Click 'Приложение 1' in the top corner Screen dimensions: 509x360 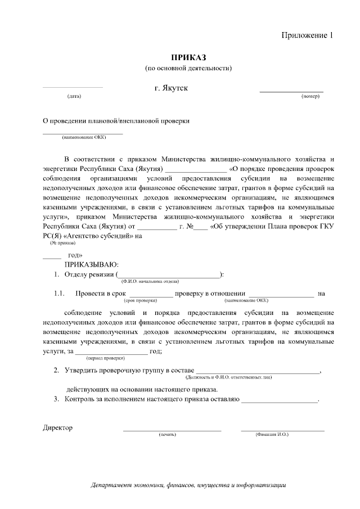(x=307, y=35)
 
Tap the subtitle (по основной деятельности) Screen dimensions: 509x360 (x=188, y=68)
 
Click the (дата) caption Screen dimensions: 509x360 (x=74, y=96)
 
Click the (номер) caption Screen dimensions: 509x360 (x=310, y=96)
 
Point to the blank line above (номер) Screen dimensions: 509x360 (x=291, y=91)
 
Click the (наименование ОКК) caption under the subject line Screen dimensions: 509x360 (x=83, y=137)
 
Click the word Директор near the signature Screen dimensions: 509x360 (x=58, y=427)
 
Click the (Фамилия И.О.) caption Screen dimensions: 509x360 (x=271, y=435)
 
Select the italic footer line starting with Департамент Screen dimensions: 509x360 (x=189, y=485)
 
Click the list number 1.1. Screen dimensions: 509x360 (x=60, y=293)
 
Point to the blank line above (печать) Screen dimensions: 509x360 (x=172, y=430)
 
